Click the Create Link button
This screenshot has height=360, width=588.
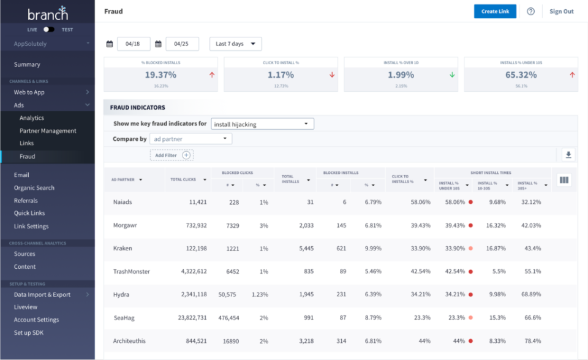[495, 12]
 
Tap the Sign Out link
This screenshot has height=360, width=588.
[561, 12]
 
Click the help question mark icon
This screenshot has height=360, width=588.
[530, 12]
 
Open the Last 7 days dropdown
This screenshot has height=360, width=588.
[235, 44]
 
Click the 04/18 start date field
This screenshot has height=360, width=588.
[133, 44]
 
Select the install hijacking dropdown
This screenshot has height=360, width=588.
[262, 124]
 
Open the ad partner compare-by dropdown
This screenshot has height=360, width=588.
[190, 139]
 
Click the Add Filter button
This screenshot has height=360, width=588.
[171, 156]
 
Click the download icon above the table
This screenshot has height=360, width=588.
[568, 155]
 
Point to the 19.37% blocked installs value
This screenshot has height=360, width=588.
[160, 75]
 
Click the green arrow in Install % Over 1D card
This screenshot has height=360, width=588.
[452, 75]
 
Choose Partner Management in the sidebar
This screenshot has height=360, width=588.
[48, 131]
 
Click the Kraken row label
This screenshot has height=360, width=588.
[123, 249]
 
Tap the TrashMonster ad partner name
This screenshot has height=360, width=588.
[131, 271]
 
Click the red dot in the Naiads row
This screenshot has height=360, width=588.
[470, 202]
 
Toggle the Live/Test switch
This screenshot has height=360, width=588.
[49, 29]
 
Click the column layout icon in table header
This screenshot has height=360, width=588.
[564, 180]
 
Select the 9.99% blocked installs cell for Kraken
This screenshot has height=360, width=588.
[373, 249]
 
